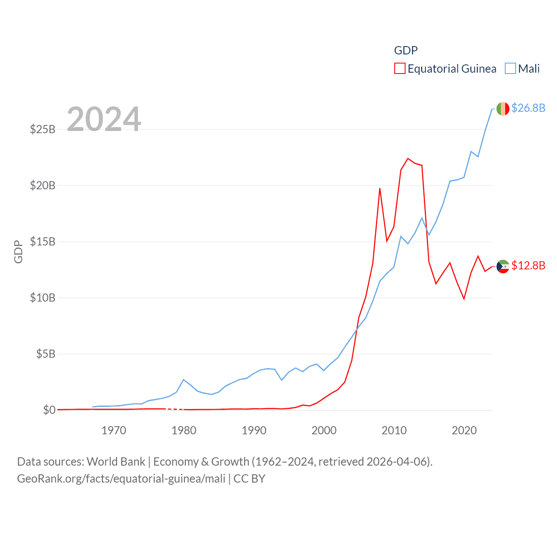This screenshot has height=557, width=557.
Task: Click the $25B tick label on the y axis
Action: click(43, 129)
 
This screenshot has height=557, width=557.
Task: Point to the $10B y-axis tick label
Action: click(43, 298)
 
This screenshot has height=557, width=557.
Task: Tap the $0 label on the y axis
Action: click(49, 410)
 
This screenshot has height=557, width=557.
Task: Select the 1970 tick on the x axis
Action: click(114, 430)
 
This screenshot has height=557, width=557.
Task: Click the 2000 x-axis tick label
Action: click(324, 430)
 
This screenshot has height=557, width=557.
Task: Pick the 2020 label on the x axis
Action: click(464, 430)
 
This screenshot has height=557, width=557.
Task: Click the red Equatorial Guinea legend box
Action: click(400, 69)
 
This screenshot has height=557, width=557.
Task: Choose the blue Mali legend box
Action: click(510, 69)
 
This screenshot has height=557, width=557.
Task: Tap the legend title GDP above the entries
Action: click(406, 50)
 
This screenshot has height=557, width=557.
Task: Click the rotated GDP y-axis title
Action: click(18, 252)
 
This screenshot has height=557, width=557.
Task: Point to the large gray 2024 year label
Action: click(104, 119)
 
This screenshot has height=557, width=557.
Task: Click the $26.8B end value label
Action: click(528, 108)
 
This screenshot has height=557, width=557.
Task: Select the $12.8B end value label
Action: click(528, 265)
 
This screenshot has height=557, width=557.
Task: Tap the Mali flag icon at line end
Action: click(503, 108)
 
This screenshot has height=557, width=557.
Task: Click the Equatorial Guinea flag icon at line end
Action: click(503, 266)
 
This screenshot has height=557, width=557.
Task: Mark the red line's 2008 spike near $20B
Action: click(380, 188)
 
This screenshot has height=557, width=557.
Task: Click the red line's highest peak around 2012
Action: click(408, 158)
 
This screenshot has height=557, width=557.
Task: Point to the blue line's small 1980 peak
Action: click(184, 379)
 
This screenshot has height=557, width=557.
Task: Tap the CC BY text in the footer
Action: click(249, 479)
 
